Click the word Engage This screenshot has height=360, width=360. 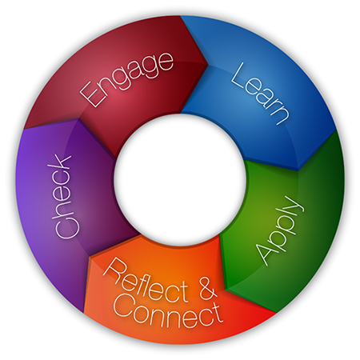pyautogui.click(x=126, y=79)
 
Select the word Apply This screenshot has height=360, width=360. pyautogui.click(x=279, y=231)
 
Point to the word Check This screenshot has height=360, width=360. pyautogui.click(x=63, y=197)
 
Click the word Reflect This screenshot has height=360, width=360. pyautogui.click(x=146, y=282)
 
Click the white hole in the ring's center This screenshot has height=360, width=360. pyautogui.click(x=180, y=180)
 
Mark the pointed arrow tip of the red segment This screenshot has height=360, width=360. pyautogui.click(x=208, y=64)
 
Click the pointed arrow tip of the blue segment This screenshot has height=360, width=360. pyautogui.click(x=298, y=170)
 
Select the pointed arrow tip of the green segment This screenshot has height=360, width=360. pyautogui.click(x=228, y=289)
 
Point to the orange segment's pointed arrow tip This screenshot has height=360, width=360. pyautogui.click(x=90, y=258)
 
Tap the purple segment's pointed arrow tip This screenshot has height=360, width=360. pyautogui.click(x=78, y=119)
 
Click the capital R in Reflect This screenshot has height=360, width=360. pyautogui.click(x=113, y=269)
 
